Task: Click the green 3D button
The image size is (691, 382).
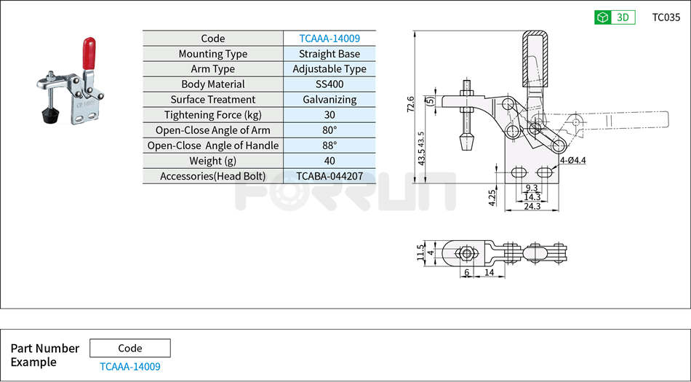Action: pos(615,17)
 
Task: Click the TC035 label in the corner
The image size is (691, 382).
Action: pos(666,17)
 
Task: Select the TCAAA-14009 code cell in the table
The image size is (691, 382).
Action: pos(329,39)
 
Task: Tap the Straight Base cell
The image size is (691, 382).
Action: pos(329,54)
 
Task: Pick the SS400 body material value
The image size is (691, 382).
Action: pos(329,84)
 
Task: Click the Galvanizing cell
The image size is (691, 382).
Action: pos(329,100)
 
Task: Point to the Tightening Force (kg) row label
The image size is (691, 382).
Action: pos(212,115)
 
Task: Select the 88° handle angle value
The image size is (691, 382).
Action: pos(329,146)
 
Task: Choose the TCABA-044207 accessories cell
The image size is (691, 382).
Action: pos(329,176)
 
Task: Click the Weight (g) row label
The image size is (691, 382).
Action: pos(212,161)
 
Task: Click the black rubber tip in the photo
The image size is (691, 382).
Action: pos(49,116)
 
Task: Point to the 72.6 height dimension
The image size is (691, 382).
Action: pos(411,104)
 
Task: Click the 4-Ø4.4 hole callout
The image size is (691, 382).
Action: pos(573,159)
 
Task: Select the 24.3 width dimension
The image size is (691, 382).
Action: pos(532,207)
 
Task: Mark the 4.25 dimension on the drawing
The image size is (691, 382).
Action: pos(492,197)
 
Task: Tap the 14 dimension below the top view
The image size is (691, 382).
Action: pos(490,272)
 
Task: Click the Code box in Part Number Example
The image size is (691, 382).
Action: pos(130,348)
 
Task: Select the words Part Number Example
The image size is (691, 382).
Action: pos(44,355)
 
